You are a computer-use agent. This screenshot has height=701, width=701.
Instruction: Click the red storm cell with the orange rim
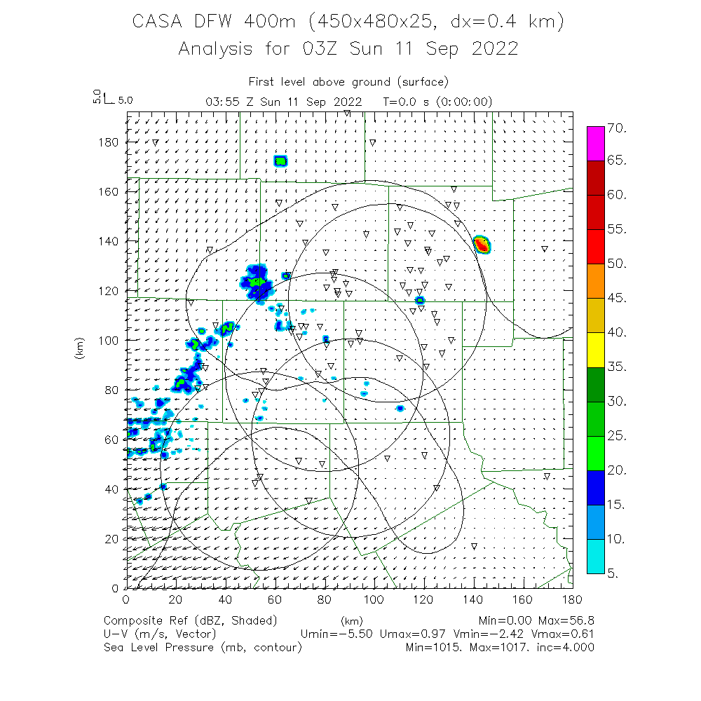(x=482, y=245)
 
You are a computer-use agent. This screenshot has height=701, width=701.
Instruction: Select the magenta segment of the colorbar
(x=595, y=144)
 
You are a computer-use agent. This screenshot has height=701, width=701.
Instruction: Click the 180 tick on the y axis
(x=109, y=142)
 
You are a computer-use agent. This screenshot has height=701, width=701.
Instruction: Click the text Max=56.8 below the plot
(x=566, y=620)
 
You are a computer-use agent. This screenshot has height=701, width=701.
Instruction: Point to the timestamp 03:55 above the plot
(x=219, y=102)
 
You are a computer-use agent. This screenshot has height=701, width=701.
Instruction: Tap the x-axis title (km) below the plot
(x=351, y=620)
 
